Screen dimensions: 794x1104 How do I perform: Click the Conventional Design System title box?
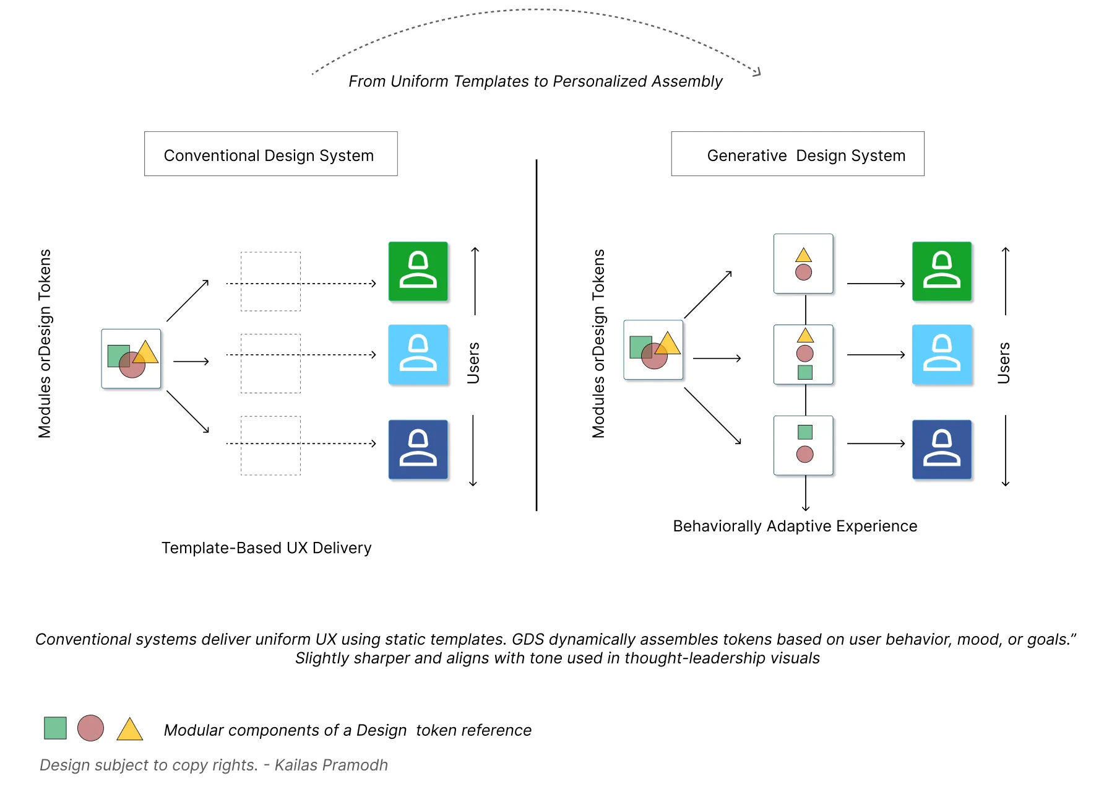[x=270, y=154]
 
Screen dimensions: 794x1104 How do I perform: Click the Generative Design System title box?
[x=797, y=154]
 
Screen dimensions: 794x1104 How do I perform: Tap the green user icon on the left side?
[x=418, y=271]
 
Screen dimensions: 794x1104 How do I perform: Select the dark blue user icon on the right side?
[x=941, y=449]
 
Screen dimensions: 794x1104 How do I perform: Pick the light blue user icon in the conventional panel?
[x=418, y=354]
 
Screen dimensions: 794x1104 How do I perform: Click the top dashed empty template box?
[x=270, y=281]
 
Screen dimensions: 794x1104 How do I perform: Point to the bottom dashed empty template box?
[x=270, y=445]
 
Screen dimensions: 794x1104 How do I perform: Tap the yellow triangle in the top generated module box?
[x=803, y=255]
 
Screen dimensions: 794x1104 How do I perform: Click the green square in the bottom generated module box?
[x=804, y=432]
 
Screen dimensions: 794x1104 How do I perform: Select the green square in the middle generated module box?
[x=804, y=372]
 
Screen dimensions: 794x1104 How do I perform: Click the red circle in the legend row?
[x=90, y=728]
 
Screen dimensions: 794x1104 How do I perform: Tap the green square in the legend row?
[x=55, y=728]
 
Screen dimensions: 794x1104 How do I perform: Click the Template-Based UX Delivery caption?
[x=266, y=548]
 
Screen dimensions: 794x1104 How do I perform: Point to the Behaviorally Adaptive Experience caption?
[x=795, y=526]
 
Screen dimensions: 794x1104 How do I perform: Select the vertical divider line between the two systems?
[x=536, y=334]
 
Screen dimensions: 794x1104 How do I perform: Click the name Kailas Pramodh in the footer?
[x=331, y=765]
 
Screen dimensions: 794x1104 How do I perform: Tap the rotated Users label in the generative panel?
[x=1003, y=362]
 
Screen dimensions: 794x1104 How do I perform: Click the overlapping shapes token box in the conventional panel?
[x=131, y=359]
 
